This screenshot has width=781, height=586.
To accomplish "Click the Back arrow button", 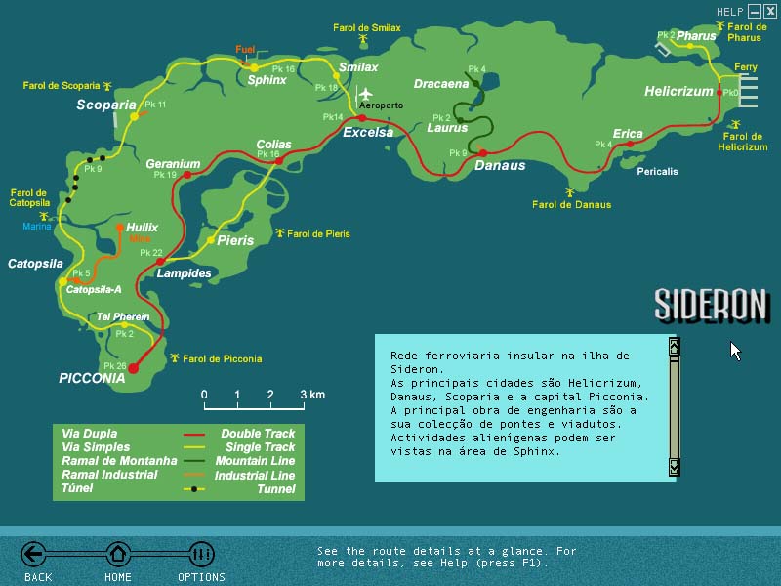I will click(x=34, y=555).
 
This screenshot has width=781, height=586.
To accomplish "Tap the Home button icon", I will click(x=118, y=555).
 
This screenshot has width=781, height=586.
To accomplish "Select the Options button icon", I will click(x=201, y=555).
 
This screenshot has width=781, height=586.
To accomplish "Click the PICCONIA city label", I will click(x=92, y=378).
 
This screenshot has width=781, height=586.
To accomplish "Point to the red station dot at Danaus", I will click(x=482, y=152).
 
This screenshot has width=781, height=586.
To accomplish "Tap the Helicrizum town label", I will click(x=679, y=92).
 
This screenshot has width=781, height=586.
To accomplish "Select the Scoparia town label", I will click(x=106, y=105).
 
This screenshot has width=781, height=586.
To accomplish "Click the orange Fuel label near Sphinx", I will click(x=245, y=49).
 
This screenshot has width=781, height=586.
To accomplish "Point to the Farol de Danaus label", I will click(x=572, y=205).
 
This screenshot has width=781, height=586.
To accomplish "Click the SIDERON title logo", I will click(x=710, y=306).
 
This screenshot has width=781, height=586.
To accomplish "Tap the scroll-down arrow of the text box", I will click(x=674, y=469).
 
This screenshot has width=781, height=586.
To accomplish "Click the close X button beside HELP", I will click(x=770, y=12).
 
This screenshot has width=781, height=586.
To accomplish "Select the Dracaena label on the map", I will click(x=441, y=84).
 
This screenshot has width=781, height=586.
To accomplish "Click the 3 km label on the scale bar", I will click(x=311, y=395).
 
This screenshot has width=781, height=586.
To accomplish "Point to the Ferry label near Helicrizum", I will click(x=746, y=67).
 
